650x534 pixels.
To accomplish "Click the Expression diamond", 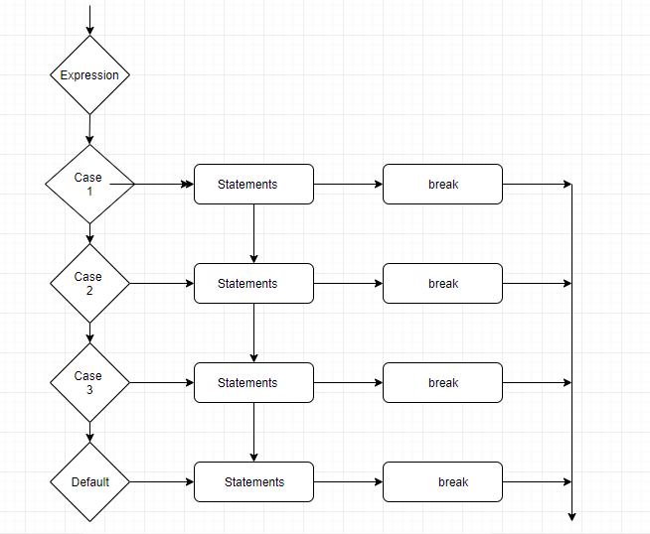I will [89, 75].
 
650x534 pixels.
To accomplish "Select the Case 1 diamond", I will [89, 184].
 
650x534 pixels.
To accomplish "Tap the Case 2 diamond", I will [89, 283].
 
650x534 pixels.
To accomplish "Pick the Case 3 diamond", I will [89, 382].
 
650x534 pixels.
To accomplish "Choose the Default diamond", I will [89, 482].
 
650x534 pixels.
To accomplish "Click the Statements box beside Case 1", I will [253, 184].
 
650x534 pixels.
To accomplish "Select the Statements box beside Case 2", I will [253, 283].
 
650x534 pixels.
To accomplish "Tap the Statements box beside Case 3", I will [253, 382].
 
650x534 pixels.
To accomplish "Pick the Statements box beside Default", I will [253, 482].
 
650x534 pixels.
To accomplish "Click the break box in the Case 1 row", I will [442, 184].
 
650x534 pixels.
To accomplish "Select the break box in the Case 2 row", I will [442, 283].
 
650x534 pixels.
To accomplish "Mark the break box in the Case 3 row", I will [442, 382].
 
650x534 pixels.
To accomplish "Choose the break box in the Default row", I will [442, 482].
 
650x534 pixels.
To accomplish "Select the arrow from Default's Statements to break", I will [348, 482].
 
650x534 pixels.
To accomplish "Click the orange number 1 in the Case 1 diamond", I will [88, 191].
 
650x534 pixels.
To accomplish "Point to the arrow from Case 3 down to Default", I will [89, 432].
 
